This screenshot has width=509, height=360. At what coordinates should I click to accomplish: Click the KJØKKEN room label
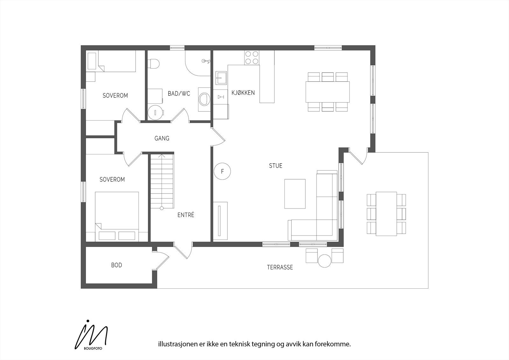[x=243, y=93]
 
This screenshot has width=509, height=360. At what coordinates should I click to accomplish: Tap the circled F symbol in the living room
[x=222, y=172]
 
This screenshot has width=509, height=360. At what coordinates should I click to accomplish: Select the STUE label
[x=275, y=166]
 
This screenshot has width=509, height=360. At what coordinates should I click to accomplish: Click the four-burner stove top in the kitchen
[x=251, y=58]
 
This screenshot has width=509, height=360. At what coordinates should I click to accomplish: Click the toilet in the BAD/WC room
[x=154, y=63]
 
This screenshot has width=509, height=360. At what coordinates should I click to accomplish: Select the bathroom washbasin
[x=204, y=99]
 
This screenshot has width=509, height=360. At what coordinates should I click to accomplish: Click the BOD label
[x=116, y=265]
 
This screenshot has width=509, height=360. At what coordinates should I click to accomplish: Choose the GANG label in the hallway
[x=162, y=138]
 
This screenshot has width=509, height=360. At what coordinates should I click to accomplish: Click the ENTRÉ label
[x=186, y=215]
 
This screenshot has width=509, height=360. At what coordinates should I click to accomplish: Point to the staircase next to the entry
[x=162, y=181]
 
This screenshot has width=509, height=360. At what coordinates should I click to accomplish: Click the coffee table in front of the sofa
[x=295, y=194]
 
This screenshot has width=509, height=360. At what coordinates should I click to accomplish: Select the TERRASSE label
[x=280, y=267]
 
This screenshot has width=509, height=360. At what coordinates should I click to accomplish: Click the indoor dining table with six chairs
[x=328, y=92]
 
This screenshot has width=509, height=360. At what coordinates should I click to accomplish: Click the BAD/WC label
[x=179, y=94]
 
